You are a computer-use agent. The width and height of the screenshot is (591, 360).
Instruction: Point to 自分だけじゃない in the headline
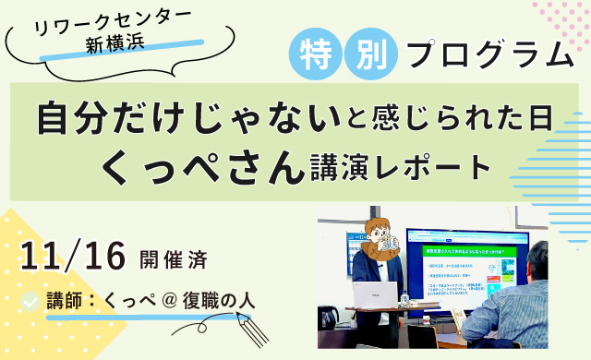(x=181, y=118)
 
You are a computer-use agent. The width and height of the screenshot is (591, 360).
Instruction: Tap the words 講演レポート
(x=397, y=167)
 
